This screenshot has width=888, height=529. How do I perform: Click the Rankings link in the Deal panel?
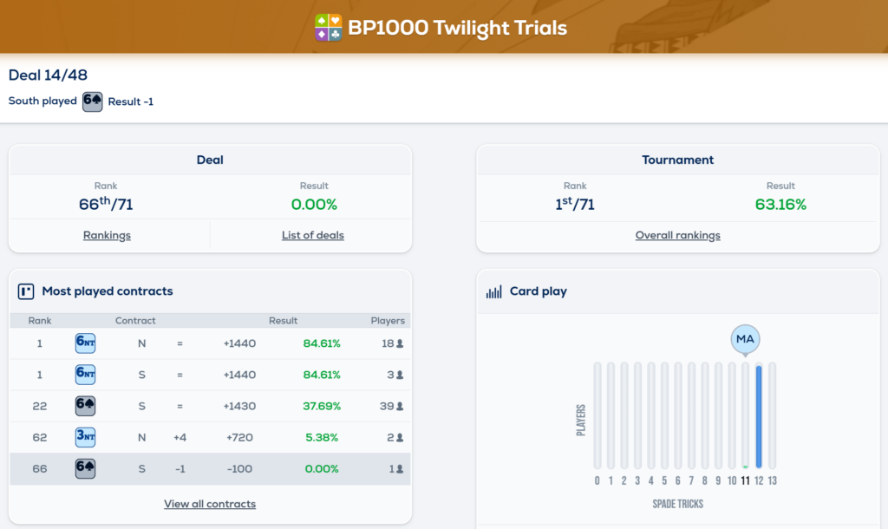[x=107, y=235]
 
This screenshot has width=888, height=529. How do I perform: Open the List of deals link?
[x=312, y=235]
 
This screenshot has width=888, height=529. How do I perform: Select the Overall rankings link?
[x=677, y=235]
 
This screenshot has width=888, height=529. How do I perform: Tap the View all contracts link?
[x=210, y=504]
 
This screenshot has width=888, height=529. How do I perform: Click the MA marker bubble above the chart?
[x=745, y=339]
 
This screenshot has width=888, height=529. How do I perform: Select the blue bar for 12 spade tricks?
[x=759, y=416]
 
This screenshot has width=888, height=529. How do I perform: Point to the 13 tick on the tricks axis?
[x=773, y=480]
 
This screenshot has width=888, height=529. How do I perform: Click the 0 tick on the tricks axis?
[x=597, y=480]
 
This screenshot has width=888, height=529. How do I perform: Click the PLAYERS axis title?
[x=581, y=419]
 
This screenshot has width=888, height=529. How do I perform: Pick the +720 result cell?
[x=238, y=438]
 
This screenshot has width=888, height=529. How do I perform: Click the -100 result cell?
[x=238, y=469]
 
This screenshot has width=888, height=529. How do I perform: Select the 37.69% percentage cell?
[x=322, y=406]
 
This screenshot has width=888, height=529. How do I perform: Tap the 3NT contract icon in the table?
[x=85, y=438]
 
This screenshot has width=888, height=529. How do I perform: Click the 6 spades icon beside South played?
[x=92, y=101]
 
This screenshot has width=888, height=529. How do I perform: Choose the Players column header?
[x=388, y=320]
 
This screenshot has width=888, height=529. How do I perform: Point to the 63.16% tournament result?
[x=780, y=205]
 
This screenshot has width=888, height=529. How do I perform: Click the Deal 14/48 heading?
[x=48, y=75]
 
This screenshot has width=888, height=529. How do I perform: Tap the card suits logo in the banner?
[x=328, y=28]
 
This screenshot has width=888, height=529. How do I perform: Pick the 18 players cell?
[x=393, y=343]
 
